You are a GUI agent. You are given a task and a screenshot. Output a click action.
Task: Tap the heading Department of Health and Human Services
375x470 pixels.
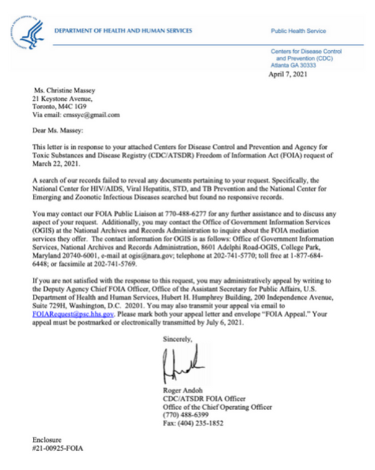(x=123, y=30)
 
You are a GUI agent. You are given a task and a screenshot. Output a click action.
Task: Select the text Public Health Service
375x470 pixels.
(x=298, y=31)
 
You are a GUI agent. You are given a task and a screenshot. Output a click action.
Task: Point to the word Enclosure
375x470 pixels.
(x=47, y=439)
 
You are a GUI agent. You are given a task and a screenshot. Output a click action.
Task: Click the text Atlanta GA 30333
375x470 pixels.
(x=293, y=64)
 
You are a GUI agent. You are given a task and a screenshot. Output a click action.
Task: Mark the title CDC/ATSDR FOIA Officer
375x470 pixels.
(x=195, y=399)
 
